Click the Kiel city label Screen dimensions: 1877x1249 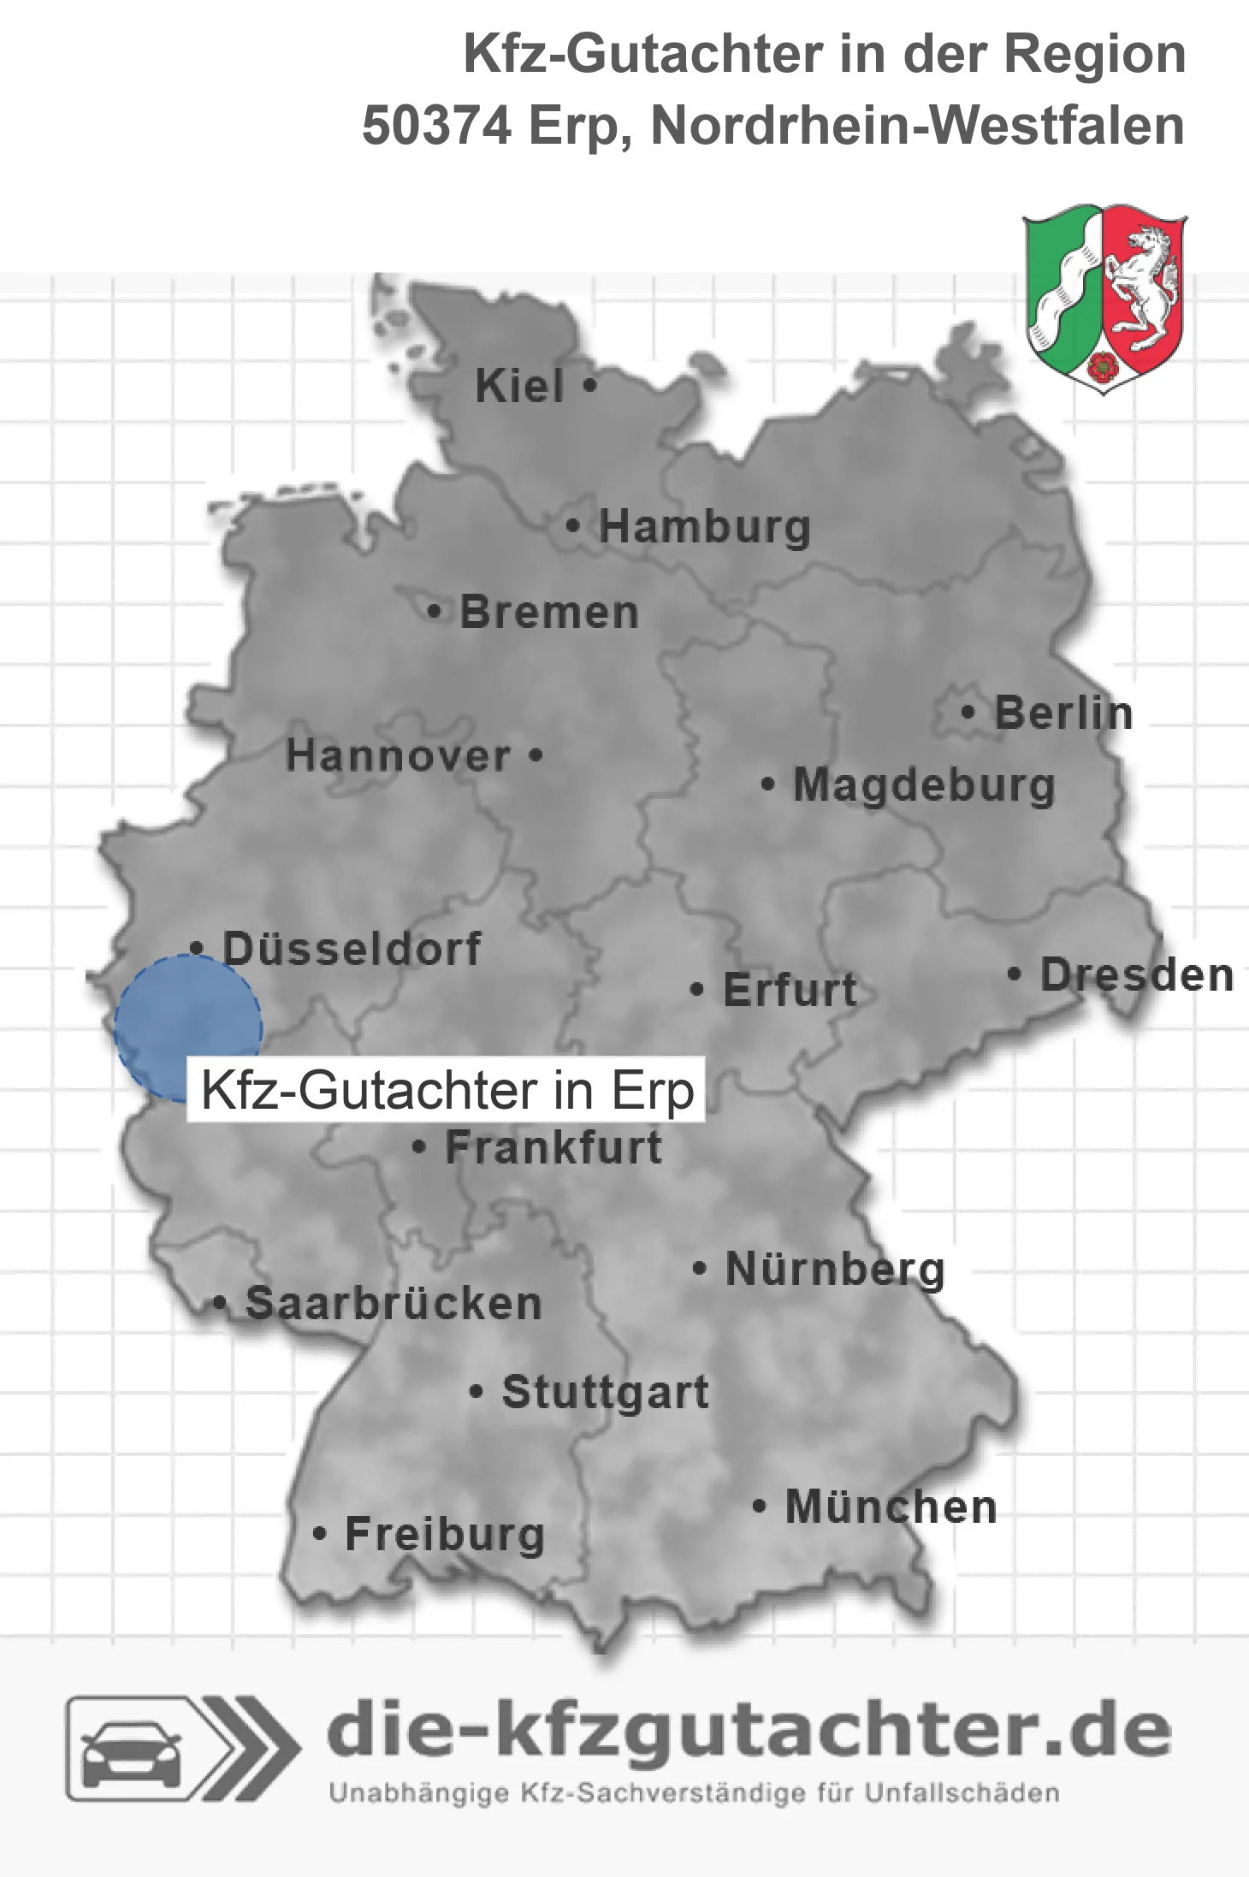point(519,386)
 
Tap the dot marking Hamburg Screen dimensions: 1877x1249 point(572,526)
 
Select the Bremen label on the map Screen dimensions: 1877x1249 point(549,613)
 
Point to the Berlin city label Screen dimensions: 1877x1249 point(1063,713)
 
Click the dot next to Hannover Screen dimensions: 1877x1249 point(536,755)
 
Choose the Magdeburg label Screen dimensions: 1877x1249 point(924,785)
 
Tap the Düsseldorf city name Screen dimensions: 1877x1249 point(352,948)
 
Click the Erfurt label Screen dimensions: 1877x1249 point(790,990)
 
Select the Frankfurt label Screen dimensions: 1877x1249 point(553,1147)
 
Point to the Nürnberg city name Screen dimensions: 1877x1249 point(835,1269)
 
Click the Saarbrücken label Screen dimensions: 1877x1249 point(394,1304)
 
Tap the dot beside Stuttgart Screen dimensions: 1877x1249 point(477,1392)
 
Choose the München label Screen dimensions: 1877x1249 point(891,1507)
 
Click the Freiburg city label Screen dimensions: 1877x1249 point(445,1534)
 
